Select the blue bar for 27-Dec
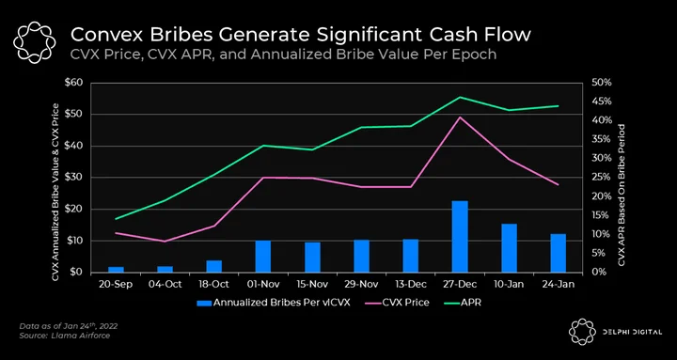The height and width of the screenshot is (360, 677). tap(460, 237)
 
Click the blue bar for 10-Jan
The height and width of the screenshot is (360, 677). tap(509, 248)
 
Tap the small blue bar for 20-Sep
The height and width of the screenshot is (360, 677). tap(116, 270)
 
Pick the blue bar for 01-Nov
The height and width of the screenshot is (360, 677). tap(263, 257)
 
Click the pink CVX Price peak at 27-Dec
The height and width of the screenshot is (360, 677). tap(460, 117)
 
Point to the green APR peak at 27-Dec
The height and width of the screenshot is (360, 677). tap(460, 97)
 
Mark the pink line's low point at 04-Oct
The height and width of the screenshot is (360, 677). tap(165, 242)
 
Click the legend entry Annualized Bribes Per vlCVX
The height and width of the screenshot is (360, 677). tap(274, 303)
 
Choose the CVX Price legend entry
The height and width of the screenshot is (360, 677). tap(394, 303)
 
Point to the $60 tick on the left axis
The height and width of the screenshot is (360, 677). tap(73, 83)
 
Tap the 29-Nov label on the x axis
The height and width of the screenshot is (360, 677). tap(361, 285)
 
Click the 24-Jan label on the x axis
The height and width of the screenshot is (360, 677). tap(558, 285)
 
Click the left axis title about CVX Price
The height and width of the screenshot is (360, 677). tap(55, 178)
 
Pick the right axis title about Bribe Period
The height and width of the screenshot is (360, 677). tap(622, 195)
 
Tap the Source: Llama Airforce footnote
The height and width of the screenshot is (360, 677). tap(65, 336)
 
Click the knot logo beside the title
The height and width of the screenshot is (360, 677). tap(35, 42)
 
